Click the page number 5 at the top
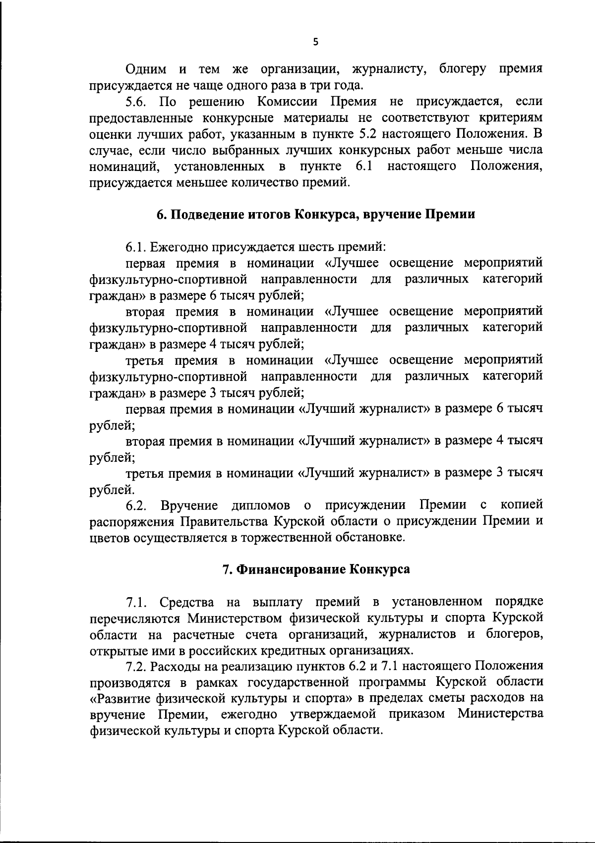pos(315,43)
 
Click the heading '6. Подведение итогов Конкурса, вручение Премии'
pos(316,215)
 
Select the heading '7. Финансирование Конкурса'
pos(316,569)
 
